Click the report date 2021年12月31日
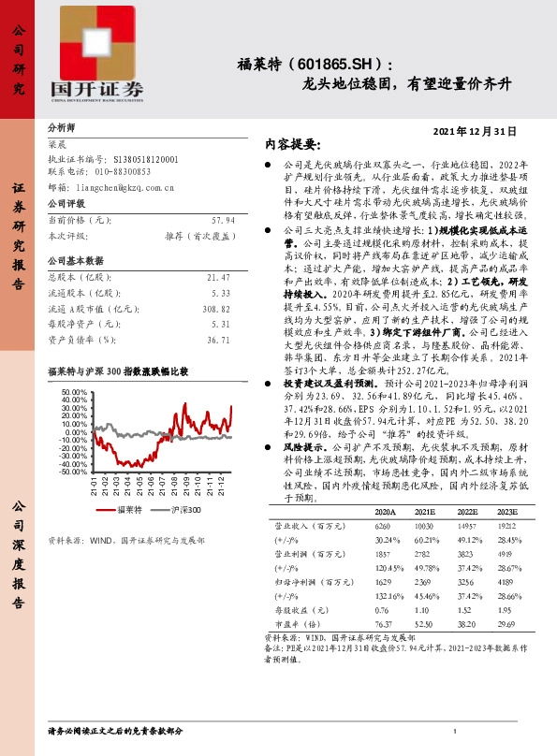point(476,131)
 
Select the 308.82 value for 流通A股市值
point(214,308)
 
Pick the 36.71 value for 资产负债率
point(217,341)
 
